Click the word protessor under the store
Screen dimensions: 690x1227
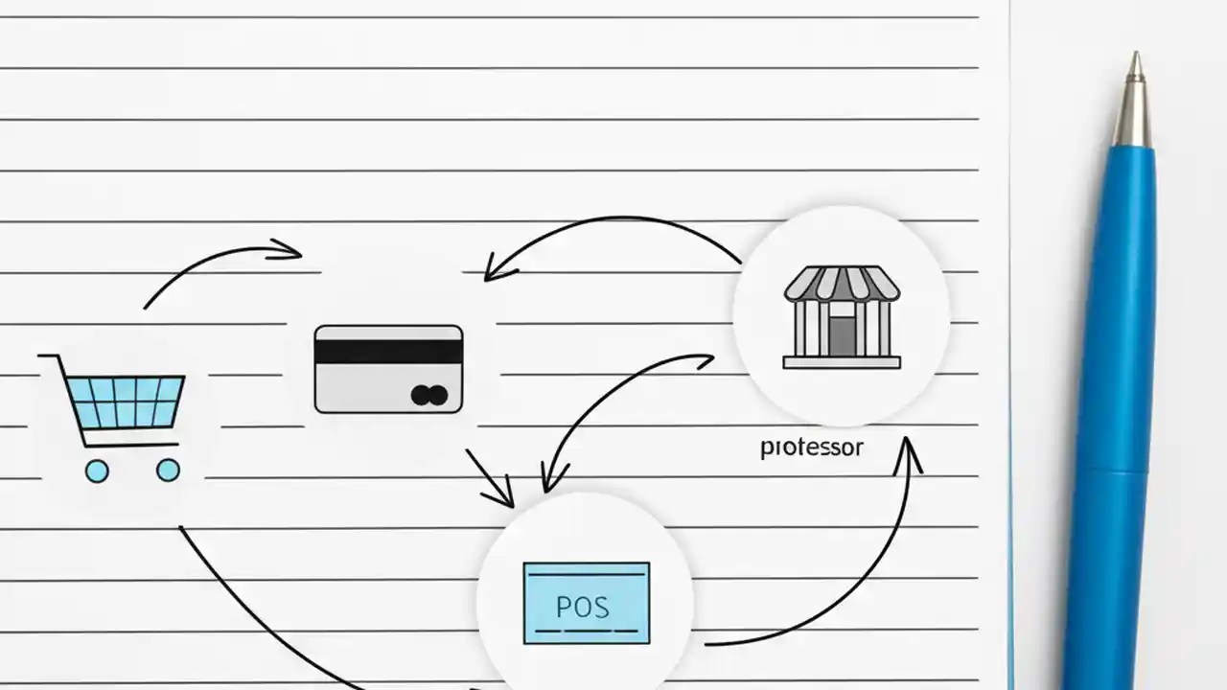811,448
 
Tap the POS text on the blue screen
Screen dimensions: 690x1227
582,607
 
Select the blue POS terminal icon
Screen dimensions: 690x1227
586,603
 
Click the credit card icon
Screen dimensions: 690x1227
388,369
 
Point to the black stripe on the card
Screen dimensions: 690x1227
388,352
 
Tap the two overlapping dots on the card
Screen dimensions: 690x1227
428,395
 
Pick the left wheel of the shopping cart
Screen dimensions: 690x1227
96,471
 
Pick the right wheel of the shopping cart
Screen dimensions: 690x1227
168,470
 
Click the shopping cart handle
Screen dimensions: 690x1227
52,358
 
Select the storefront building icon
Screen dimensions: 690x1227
842,316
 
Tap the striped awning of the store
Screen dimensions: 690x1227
842,284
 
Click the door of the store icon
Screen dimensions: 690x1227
842,335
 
